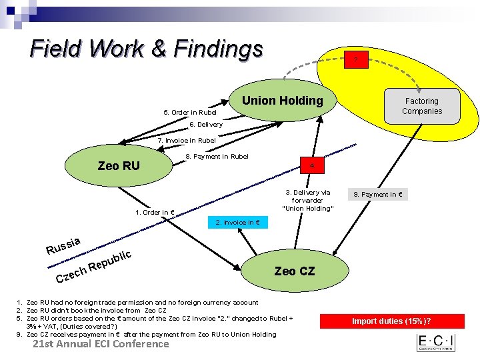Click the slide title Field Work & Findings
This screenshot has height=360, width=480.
pyautogui.click(x=147, y=49)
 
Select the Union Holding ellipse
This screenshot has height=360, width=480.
pyautogui.click(x=282, y=101)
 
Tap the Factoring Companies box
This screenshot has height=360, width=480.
pyautogui.click(x=422, y=106)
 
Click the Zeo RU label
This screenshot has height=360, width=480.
pyautogui.click(x=119, y=165)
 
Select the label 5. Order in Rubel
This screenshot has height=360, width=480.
pyautogui.click(x=190, y=112)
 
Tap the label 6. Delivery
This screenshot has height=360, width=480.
pyautogui.click(x=206, y=125)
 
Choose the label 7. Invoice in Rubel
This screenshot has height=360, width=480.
pyautogui.click(x=187, y=141)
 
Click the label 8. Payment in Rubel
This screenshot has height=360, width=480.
pyautogui.click(x=217, y=157)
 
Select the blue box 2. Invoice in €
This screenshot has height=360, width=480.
pyautogui.click(x=237, y=222)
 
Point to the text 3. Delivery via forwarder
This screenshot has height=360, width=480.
pyautogui.click(x=307, y=200)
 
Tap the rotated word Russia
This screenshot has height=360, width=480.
pyautogui.click(x=64, y=246)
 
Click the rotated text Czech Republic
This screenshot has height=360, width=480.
pyautogui.click(x=93, y=267)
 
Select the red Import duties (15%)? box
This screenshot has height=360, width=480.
pyautogui.click(x=395, y=321)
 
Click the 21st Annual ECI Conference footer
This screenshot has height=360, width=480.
pyautogui.click(x=101, y=344)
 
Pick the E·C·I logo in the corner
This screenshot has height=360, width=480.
pyautogui.click(x=435, y=343)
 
